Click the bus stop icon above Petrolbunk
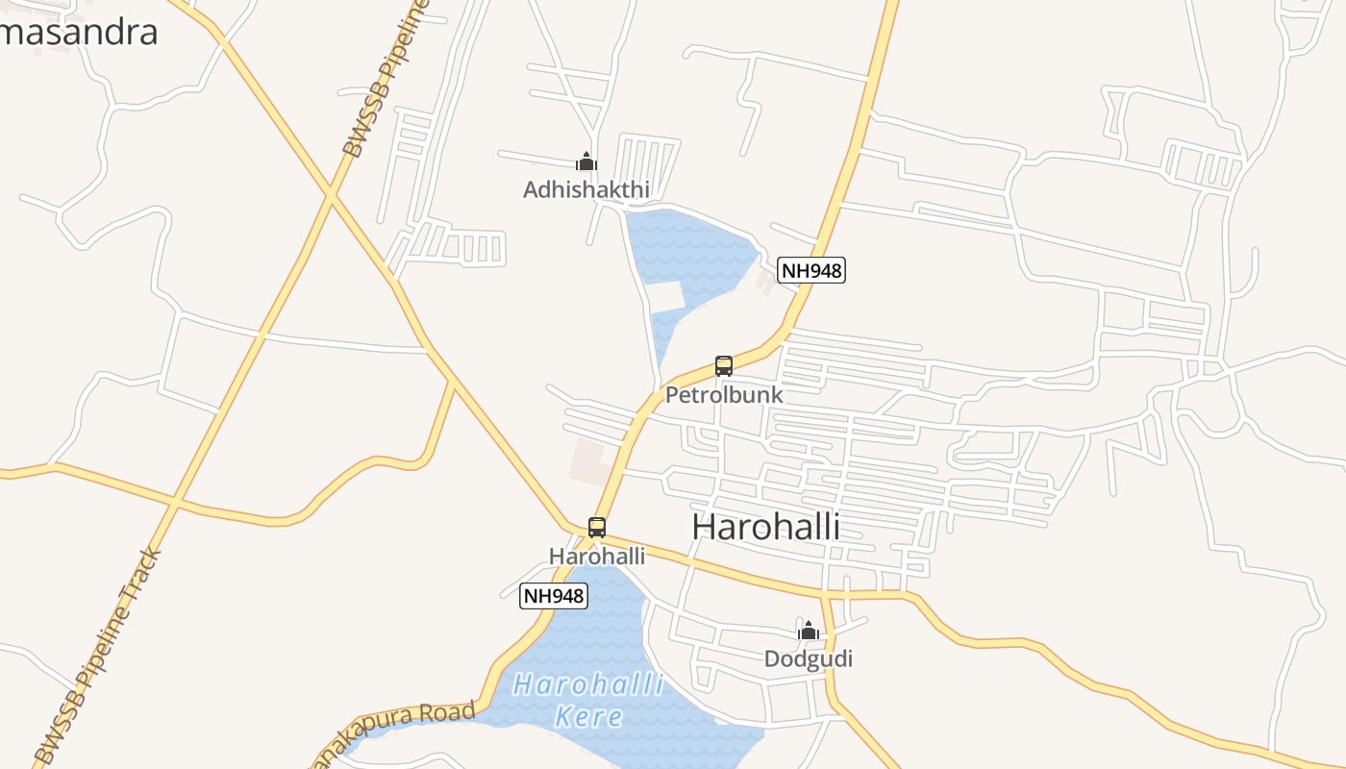724,366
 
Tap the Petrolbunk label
724,395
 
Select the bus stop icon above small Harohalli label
597,527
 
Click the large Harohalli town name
765,527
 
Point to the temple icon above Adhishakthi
586,161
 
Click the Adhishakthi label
586,190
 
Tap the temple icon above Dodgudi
809,631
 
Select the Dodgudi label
809,658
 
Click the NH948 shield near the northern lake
811,271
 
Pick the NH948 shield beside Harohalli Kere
553,596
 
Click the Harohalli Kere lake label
588,700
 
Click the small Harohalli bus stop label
597,557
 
